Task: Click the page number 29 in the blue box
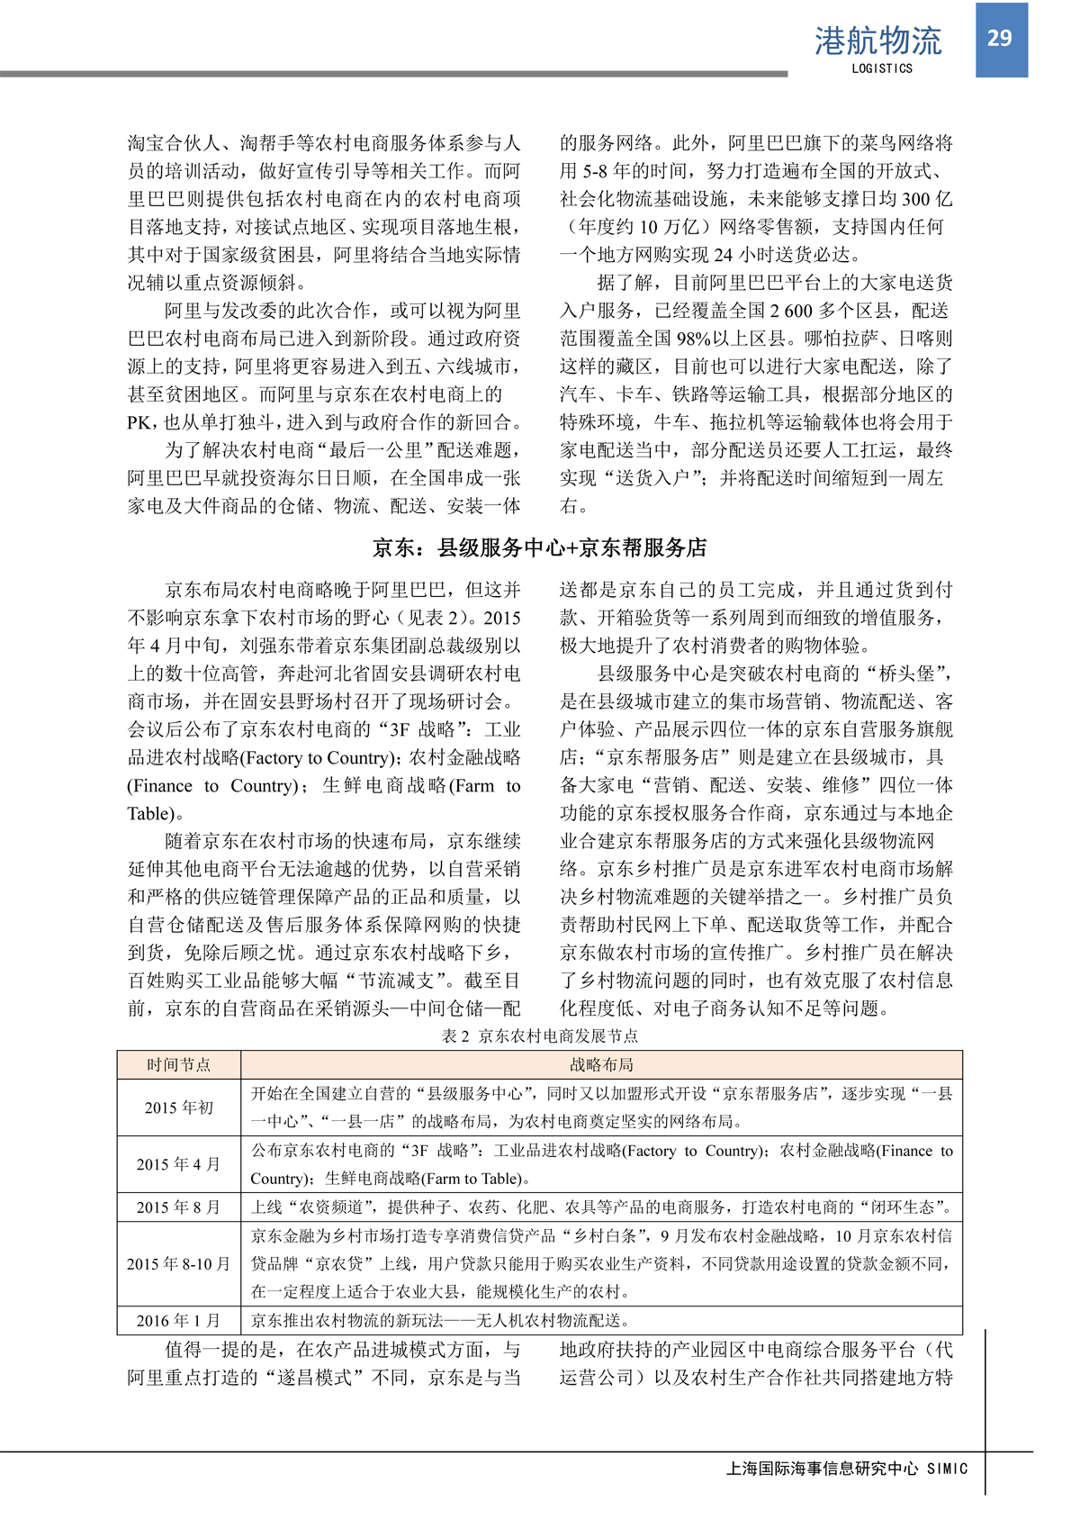(x=1000, y=38)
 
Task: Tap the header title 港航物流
(x=877, y=41)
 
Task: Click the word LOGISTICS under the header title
(x=882, y=68)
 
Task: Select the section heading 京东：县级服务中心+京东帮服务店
(x=540, y=547)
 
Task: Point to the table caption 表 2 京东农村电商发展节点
(x=540, y=1035)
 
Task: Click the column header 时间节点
(x=179, y=1064)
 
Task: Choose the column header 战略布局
(x=601, y=1064)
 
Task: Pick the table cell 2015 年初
(x=179, y=1108)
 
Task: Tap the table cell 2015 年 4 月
(x=179, y=1164)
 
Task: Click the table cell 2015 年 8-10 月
(x=179, y=1264)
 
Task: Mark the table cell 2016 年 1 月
(x=179, y=1321)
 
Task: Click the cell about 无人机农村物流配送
(x=440, y=1321)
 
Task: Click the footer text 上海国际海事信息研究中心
(x=822, y=1469)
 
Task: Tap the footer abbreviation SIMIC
(x=947, y=1469)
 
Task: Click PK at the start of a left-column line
(x=141, y=422)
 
